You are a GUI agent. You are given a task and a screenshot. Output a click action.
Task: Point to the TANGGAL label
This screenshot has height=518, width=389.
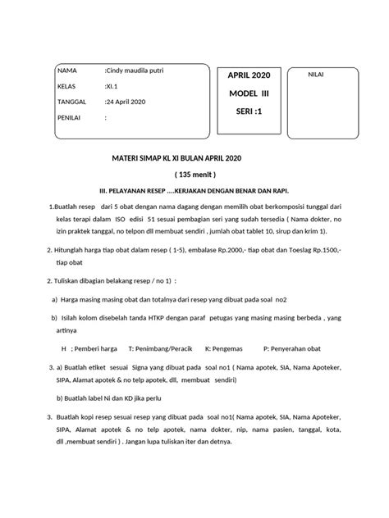(x=71, y=101)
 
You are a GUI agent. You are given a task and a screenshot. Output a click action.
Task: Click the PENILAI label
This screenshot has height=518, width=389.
(x=69, y=116)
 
